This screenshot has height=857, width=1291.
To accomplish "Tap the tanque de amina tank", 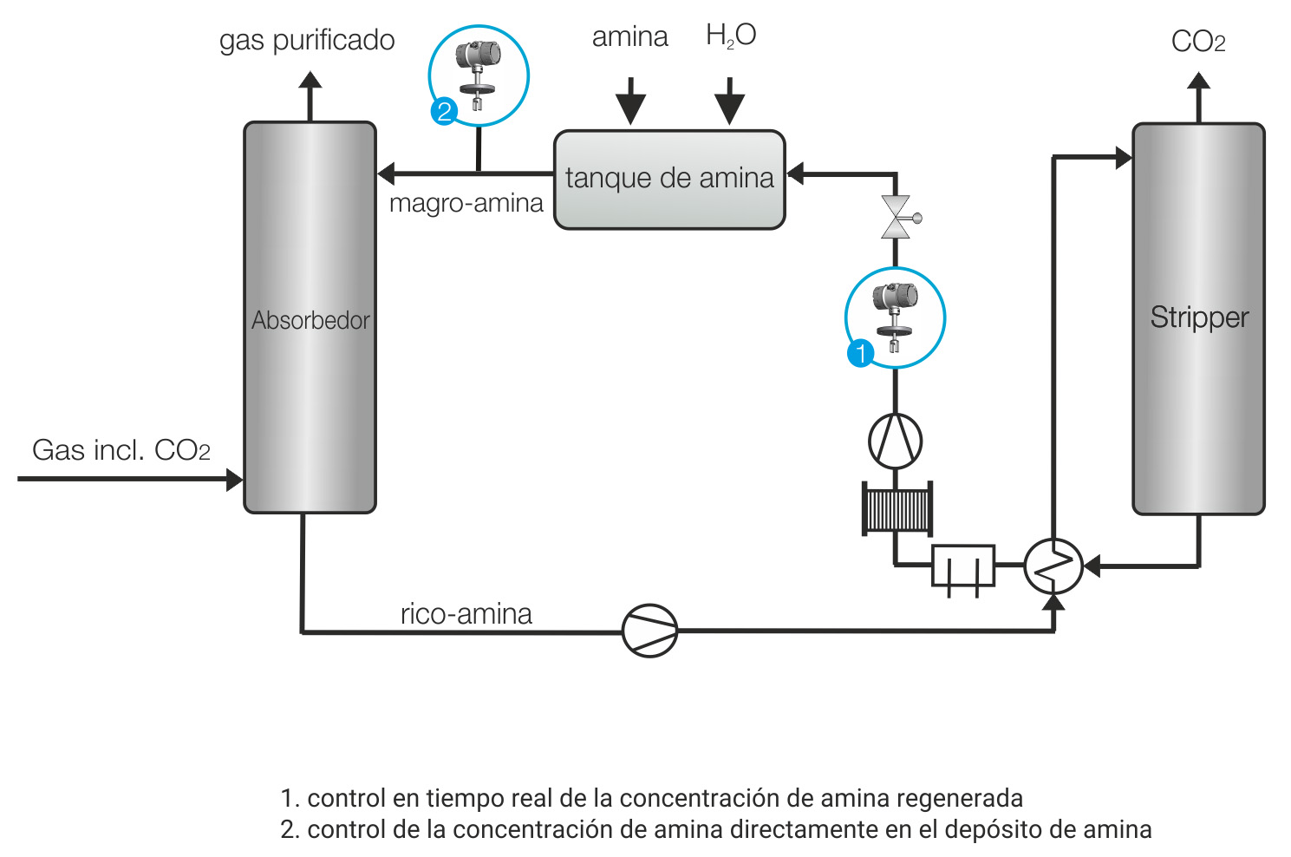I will click(669, 180).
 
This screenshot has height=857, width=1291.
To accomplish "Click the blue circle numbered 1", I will click(860, 353).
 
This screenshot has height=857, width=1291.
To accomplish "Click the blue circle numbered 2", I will click(444, 111).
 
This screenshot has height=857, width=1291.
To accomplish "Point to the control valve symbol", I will click(897, 217).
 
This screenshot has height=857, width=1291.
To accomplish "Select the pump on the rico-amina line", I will click(649, 631).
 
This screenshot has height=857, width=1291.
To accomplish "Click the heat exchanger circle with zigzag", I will click(1053, 566).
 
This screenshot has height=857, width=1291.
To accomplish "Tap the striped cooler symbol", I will click(897, 509).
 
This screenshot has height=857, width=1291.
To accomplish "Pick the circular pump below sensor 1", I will click(895, 441).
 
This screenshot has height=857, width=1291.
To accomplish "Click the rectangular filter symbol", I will click(962, 567).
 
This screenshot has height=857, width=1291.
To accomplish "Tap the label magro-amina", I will click(466, 203).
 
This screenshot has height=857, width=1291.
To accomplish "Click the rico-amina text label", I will click(466, 613).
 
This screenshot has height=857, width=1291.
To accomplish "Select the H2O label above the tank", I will click(730, 36).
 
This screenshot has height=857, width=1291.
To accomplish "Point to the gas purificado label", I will click(307, 40).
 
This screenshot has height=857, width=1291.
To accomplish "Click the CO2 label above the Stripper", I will click(1197, 41).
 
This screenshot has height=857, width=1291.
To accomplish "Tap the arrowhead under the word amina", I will click(630, 109).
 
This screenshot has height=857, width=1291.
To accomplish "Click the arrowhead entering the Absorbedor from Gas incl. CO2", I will click(234, 479).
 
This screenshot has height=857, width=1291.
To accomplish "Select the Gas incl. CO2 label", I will click(121, 450).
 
